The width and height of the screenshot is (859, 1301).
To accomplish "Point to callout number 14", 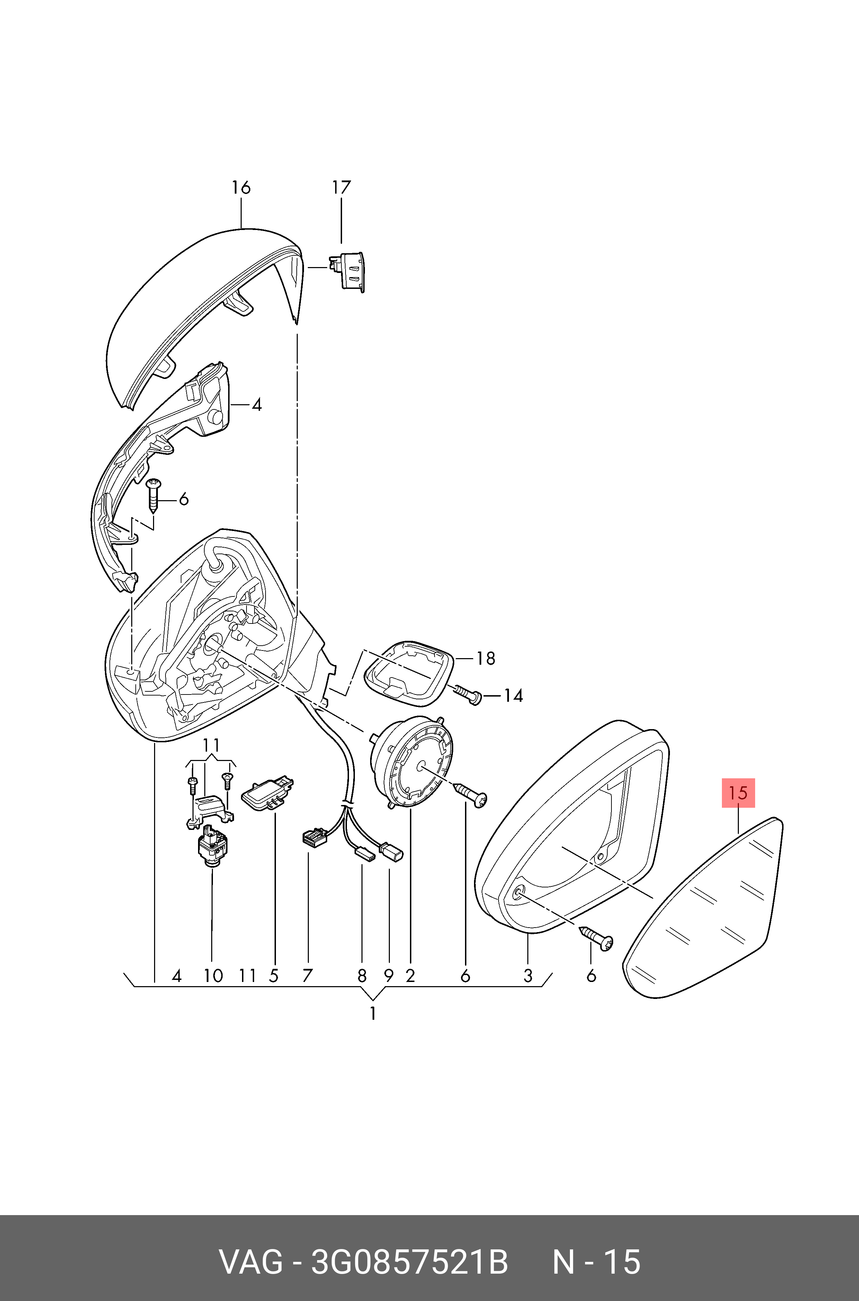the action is point(513,696).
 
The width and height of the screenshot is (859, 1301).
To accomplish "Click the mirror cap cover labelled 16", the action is point(203,318).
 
